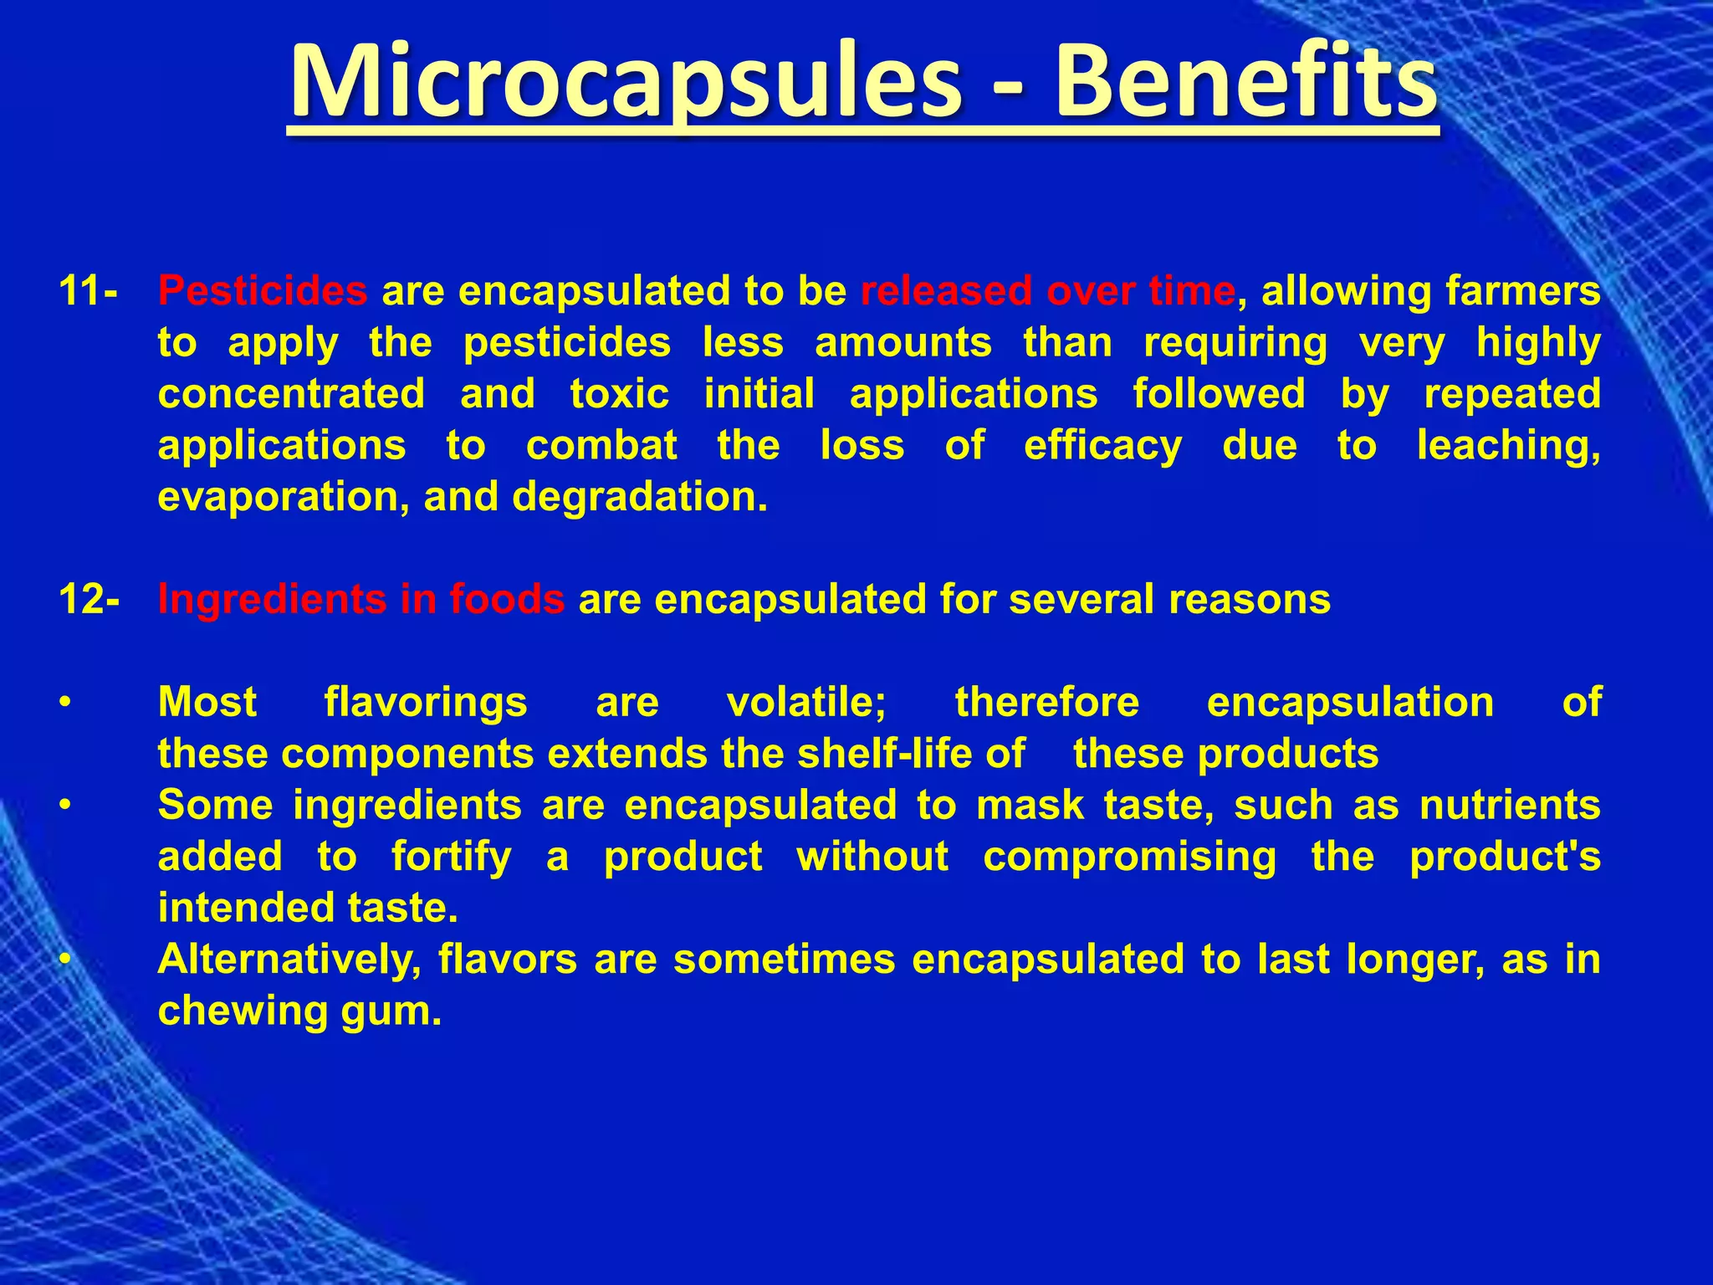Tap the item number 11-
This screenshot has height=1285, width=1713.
[89, 291]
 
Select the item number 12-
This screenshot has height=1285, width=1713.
[89, 600]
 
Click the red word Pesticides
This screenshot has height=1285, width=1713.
[263, 291]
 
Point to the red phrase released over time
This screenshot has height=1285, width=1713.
[1048, 291]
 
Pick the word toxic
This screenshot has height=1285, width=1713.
[619, 394]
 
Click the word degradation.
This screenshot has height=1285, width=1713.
[639, 497]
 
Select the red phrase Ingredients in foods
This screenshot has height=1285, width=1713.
[361, 600]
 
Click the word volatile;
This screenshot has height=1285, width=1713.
[806, 702]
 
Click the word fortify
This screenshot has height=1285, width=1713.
[451, 858]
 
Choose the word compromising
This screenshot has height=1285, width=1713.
[1129, 858]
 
